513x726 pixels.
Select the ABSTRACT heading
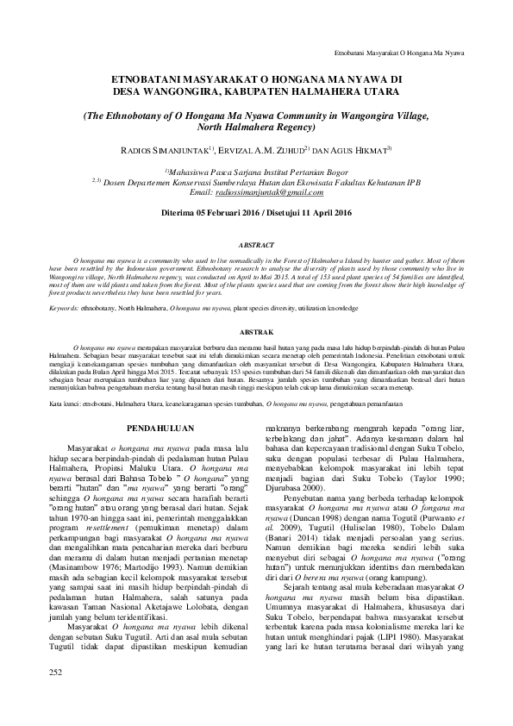[x=255, y=245]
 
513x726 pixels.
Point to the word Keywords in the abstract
[x=65, y=306]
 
